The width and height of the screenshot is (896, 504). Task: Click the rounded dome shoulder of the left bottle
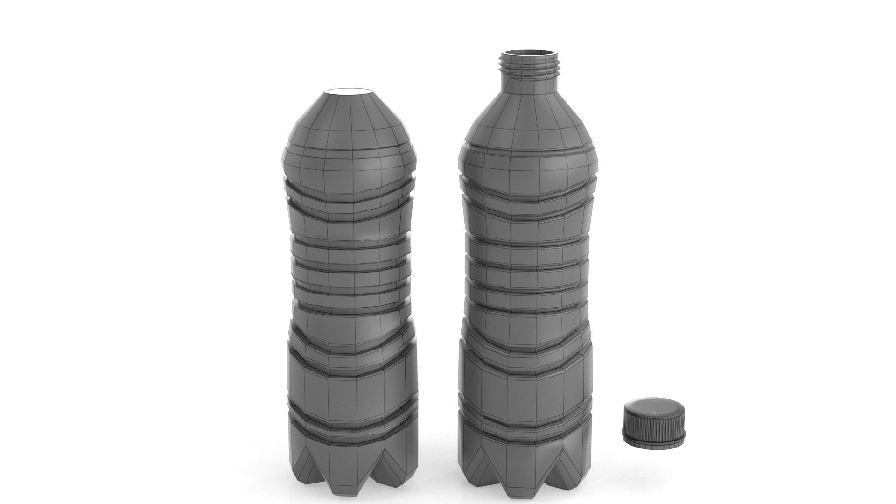pos(350,121)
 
